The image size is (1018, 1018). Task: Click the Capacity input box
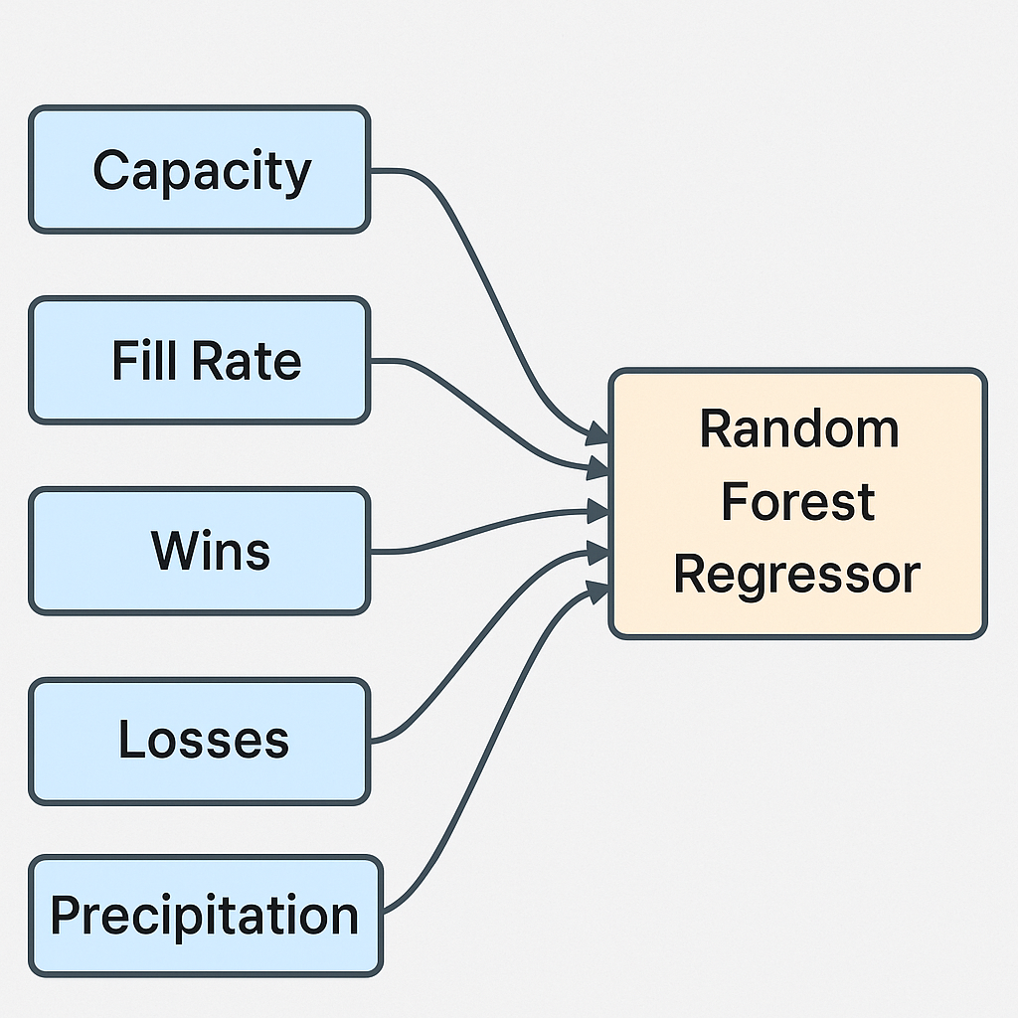[199, 170]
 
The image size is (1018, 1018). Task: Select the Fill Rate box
[199, 360]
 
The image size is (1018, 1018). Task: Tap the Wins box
[199, 550]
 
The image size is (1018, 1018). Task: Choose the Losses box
[199, 741]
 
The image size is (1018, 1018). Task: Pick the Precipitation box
[205, 916]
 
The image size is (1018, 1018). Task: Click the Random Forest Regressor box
[797, 503]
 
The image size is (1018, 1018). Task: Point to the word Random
[798, 428]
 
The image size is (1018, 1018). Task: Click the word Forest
[797, 502]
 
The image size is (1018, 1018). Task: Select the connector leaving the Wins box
[477, 527]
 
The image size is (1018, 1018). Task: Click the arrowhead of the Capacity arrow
[597, 433]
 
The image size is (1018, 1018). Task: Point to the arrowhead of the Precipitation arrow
[597, 591]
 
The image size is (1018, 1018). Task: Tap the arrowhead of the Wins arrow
[598, 512]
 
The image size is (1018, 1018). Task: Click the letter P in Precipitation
[65, 916]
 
